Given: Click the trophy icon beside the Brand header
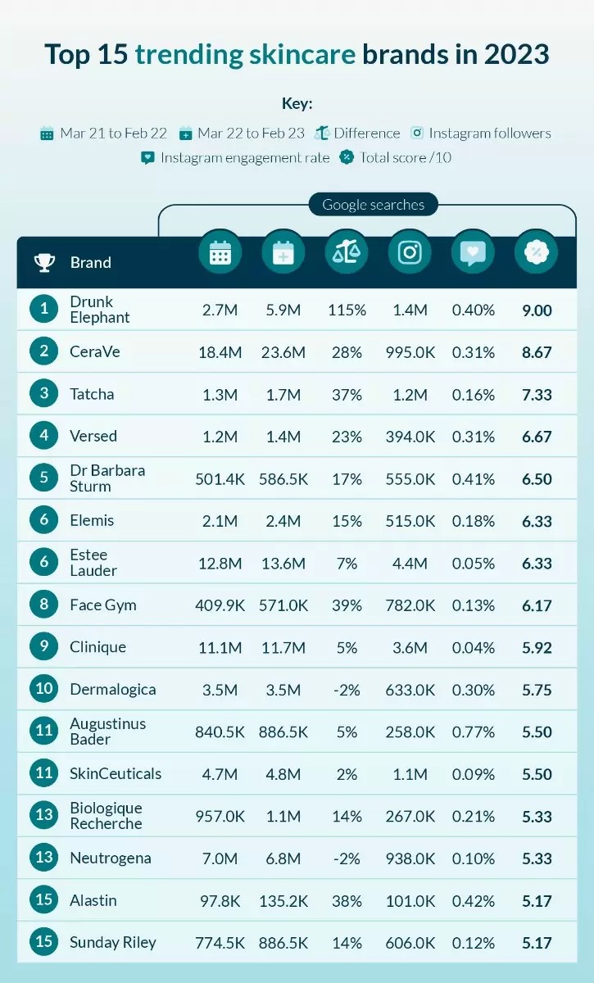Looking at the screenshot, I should point(44,262).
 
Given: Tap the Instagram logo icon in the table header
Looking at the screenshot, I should point(410,252).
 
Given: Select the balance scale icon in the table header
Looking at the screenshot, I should point(347,252).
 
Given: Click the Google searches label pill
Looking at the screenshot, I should point(374,205).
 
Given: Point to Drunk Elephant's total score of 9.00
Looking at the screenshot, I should point(537,310).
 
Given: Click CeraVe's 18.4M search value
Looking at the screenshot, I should point(220,352).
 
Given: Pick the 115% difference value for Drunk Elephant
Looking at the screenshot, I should point(347,310).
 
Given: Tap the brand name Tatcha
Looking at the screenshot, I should point(92,394).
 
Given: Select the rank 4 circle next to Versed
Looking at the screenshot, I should point(44,436).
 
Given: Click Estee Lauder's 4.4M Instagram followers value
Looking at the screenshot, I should point(410,564).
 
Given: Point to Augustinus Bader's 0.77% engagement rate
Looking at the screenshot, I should point(474,732).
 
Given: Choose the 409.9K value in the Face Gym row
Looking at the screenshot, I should point(220,605).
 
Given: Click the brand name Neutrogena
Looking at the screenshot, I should point(111,858).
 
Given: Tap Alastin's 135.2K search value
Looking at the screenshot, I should point(283,900).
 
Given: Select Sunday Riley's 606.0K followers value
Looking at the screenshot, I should point(410,943).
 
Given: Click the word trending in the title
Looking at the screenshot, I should point(188,55).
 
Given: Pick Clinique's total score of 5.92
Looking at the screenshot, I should point(537,648).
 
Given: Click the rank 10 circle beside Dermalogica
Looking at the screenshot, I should point(44,690).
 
